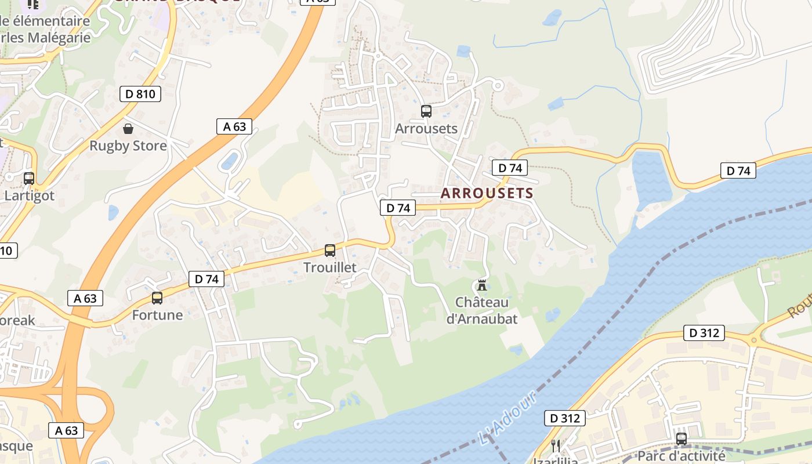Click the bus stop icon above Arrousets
coord(426,111)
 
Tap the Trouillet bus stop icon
coord(330,251)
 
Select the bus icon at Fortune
coord(157,298)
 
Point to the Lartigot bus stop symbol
coord(29,179)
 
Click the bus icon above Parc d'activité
coord(681,439)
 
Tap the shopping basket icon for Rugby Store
coord(128,129)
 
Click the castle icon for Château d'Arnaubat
coord(481,285)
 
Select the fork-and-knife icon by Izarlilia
coord(556,445)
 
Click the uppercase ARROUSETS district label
coord(487,193)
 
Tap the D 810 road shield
coord(140,94)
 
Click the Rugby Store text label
coord(128,146)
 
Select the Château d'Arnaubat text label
coord(481,310)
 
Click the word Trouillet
coord(330,267)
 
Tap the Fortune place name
coord(157,315)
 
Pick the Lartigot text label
coord(29,195)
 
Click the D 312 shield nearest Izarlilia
coord(565,418)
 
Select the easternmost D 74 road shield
coord(738,171)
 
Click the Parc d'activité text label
coord(681,456)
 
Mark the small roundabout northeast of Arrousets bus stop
coord(497,85)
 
